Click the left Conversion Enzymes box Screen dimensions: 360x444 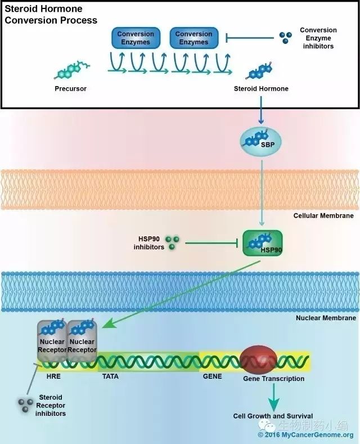click(136, 38)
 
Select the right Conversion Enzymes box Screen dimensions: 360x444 click(194, 38)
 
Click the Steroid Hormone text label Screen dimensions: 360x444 click(261, 88)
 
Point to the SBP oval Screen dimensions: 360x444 click(260, 142)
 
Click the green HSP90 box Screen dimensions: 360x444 click(263, 243)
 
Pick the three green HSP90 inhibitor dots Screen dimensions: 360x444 click(172, 243)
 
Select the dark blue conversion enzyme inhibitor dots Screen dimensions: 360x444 click(285, 37)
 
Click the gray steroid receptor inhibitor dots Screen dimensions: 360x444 click(25, 405)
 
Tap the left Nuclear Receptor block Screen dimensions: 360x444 click(52, 341)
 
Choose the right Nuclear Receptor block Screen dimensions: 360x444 click(82, 341)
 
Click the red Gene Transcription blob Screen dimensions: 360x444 click(258, 360)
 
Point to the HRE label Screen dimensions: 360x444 click(53, 376)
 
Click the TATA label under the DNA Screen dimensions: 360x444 click(110, 376)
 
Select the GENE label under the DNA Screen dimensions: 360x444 click(212, 376)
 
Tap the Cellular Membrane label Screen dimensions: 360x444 click(323, 216)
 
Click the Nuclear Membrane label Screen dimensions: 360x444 click(326, 318)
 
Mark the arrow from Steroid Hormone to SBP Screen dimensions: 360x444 click(261, 110)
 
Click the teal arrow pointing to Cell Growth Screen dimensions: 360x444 click(274, 397)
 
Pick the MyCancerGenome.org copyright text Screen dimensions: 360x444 click(305, 434)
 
